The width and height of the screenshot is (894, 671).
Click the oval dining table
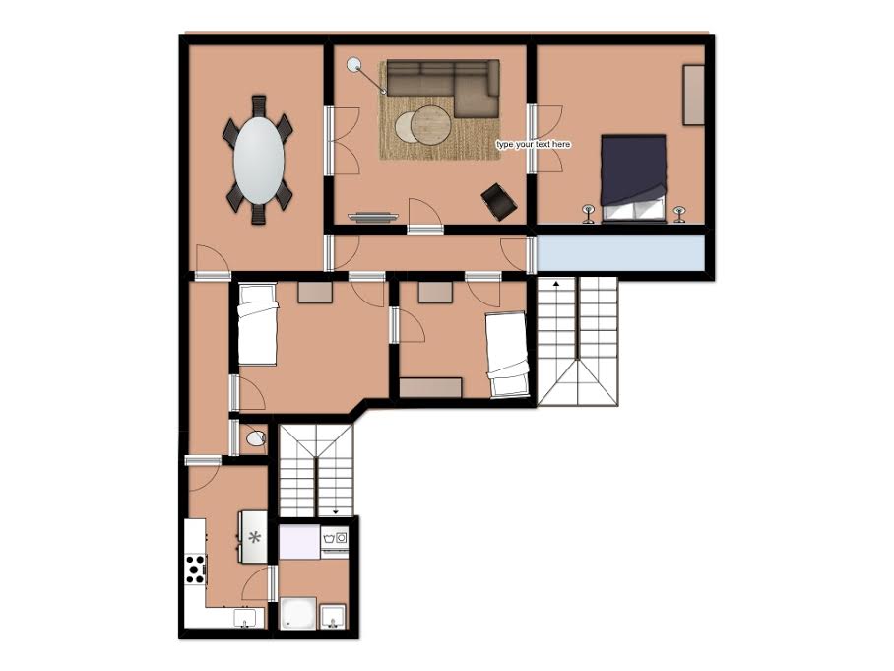[259, 160]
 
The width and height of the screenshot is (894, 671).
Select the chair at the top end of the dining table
[259, 105]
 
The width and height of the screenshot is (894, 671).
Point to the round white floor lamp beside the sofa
[354, 64]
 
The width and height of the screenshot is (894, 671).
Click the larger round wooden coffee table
[431, 124]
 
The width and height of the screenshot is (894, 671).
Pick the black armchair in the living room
[499, 201]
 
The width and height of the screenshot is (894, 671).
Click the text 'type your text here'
[533, 145]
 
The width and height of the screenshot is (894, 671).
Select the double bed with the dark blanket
[633, 178]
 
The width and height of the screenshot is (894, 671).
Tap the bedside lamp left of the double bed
[589, 214]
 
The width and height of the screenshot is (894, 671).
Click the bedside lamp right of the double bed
[679, 214]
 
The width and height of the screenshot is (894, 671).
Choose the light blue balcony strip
[619, 253]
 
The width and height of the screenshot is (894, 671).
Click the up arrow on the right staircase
[556, 283]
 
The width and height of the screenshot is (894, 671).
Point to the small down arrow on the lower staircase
[335, 512]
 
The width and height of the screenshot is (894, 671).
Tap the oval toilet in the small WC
[256, 438]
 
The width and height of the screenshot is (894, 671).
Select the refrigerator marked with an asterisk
[254, 536]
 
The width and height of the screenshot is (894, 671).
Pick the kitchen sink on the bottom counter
[246, 619]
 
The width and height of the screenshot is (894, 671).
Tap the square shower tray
[297, 614]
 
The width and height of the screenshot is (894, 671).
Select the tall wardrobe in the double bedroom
[693, 95]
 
